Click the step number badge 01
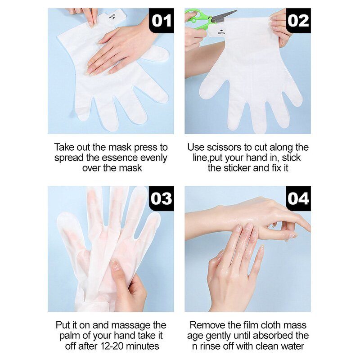click(161, 21)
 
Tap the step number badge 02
click(298, 21)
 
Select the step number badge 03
click(161, 198)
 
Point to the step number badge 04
click(298, 198)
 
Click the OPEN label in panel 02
click(221, 32)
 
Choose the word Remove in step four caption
click(205, 325)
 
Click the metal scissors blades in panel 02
click(224, 16)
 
